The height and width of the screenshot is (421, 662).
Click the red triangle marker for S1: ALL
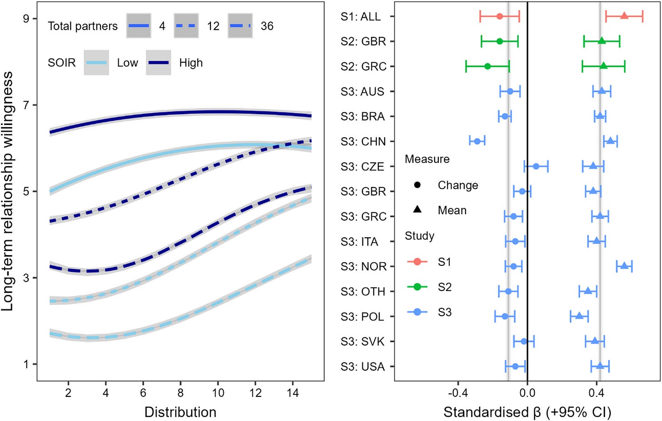coord(624,16)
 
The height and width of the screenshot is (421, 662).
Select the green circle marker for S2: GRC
coord(487,66)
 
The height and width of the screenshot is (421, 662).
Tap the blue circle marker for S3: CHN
coord(477,141)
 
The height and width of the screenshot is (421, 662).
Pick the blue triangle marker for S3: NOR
coord(624,266)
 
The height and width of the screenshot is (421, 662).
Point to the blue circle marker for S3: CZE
coord(536,166)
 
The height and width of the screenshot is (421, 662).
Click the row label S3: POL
coord(363,316)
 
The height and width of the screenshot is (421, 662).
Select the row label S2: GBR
coord(363,41)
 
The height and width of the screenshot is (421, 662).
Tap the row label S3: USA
coord(363,366)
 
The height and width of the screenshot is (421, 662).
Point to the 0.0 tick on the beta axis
coord(527,391)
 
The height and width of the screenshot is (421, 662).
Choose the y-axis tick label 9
coord(26,19)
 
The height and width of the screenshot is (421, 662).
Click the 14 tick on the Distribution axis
coord(293,392)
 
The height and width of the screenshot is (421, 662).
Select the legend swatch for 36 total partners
coord(240,26)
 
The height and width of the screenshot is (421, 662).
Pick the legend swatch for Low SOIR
coord(96,63)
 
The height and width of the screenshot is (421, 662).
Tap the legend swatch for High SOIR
coord(158,63)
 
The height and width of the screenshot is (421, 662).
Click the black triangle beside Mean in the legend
coord(417,210)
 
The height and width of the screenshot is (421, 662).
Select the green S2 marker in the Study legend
coord(417,287)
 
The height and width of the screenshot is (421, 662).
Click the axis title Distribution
coord(180,412)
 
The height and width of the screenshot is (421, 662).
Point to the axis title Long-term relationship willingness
coord(8,191)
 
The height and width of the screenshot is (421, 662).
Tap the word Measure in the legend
coord(427,159)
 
